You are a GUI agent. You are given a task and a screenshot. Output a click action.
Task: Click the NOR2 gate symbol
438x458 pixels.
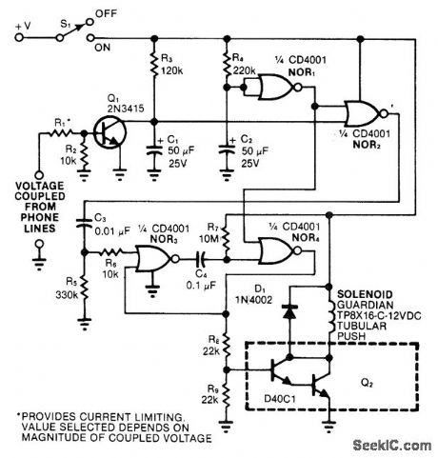(x=367, y=111)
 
